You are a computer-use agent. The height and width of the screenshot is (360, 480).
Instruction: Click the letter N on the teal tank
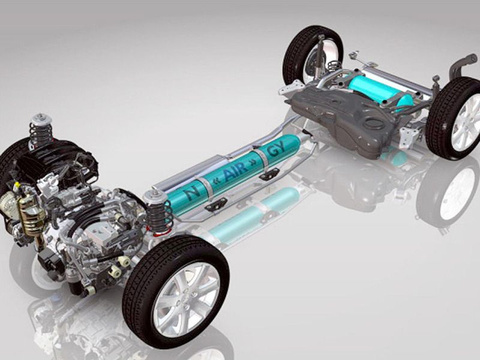[191, 193]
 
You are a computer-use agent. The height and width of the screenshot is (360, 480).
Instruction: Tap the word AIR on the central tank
[235, 170]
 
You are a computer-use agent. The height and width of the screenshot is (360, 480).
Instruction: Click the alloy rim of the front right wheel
[187, 299]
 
